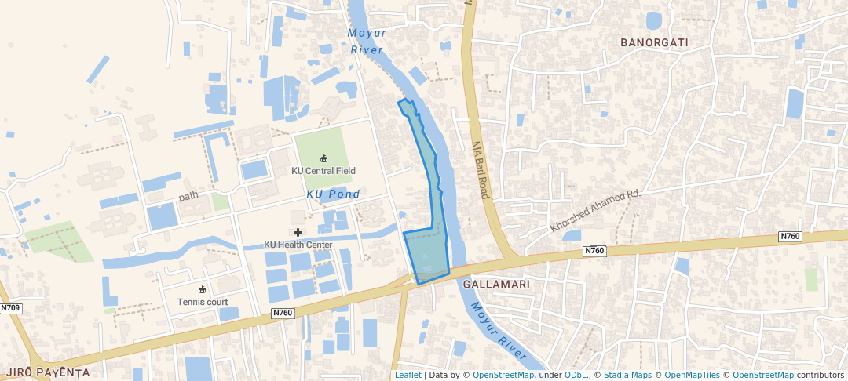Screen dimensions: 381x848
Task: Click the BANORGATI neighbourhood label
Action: pos(654,42)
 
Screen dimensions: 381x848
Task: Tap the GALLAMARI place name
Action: pos(496,284)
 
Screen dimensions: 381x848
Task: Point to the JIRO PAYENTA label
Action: pos(47,372)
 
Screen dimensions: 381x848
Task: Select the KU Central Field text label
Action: pos(323,171)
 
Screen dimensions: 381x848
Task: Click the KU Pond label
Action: pos(334,194)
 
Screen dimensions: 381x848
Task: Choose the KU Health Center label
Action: pos(298,245)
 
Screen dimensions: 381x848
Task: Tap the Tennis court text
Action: pos(203,302)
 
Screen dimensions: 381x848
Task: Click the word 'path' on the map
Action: pos(188,196)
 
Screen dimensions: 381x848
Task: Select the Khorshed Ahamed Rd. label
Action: pos(596,209)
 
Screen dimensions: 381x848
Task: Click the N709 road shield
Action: pos(10,308)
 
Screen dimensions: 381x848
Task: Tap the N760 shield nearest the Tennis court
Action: pos(283,313)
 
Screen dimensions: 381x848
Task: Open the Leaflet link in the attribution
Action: pos(408,375)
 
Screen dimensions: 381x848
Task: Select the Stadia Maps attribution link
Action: pos(627,375)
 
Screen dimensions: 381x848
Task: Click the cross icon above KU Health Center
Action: pos(298,232)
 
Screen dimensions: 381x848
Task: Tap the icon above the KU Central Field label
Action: pos(323,158)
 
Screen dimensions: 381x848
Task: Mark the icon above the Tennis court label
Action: pos(203,289)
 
